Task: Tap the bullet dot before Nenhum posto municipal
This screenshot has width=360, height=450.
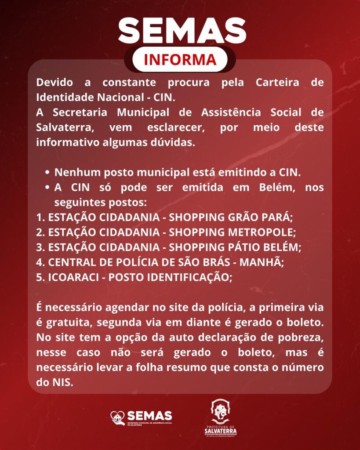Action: [47, 172]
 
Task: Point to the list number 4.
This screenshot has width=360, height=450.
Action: [40, 262]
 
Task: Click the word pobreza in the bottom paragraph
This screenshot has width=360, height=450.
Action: [304, 337]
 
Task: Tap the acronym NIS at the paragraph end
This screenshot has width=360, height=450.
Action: [62, 382]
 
